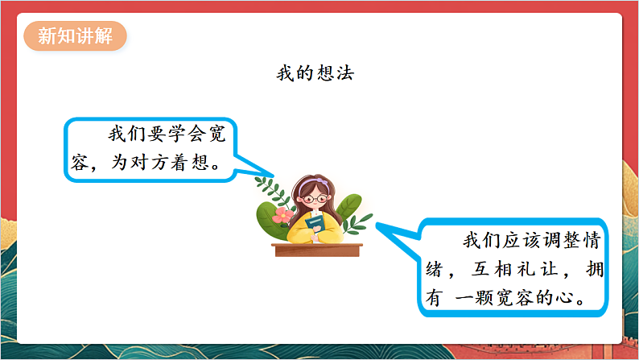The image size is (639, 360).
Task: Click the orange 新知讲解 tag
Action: tap(76, 36)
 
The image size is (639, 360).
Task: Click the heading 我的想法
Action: tap(315, 73)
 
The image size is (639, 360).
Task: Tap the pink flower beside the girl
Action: tap(282, 216)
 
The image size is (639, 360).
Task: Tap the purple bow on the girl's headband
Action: tap(299, 180)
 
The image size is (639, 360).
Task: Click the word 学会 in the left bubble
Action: tap(176, 134)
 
